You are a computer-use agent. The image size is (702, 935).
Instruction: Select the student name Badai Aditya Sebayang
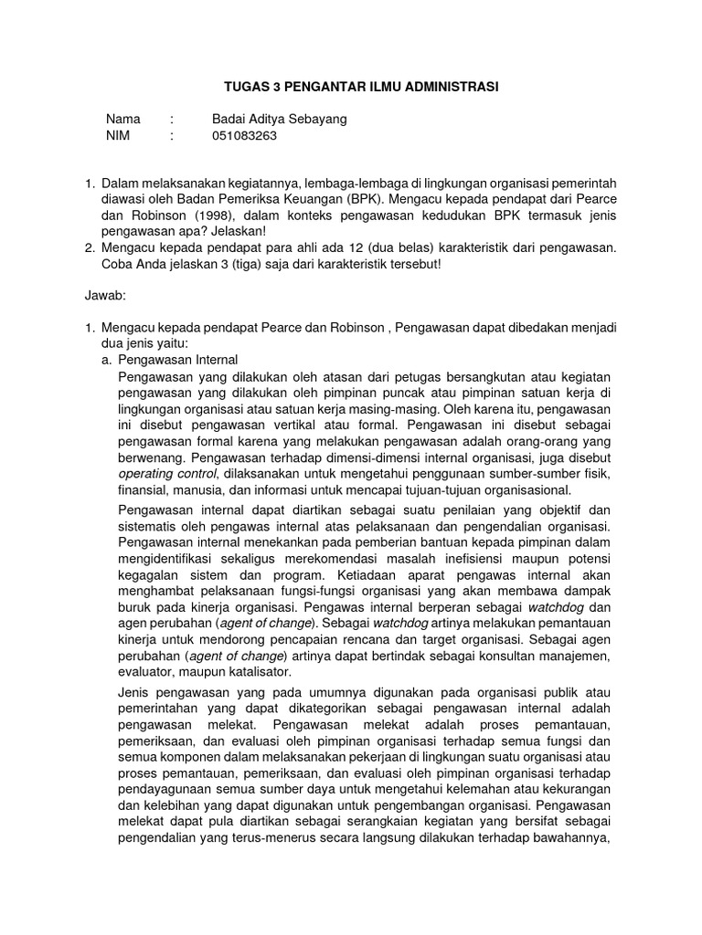click(279, 120)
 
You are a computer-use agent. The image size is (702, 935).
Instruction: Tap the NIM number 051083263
click(244, 136)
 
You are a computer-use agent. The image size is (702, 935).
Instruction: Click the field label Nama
click(123, 120)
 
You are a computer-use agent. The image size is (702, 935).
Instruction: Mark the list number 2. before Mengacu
click(90, 247)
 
